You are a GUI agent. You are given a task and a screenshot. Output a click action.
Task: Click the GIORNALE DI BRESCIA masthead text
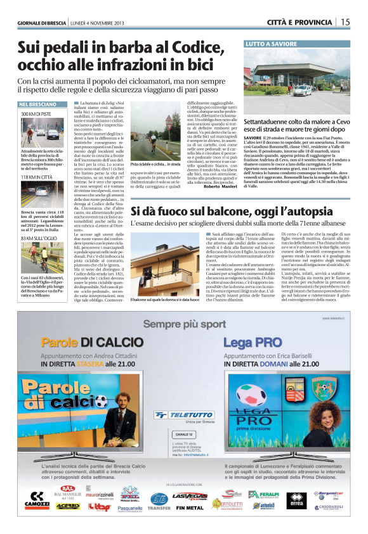(x=40, y=23)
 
